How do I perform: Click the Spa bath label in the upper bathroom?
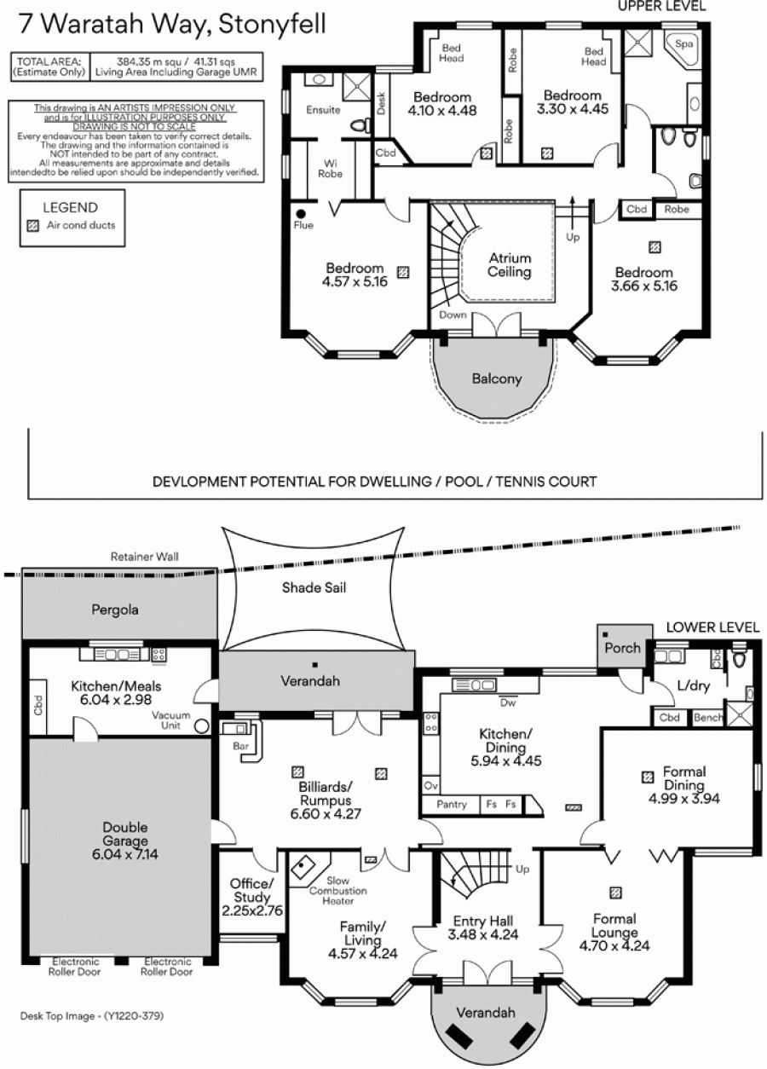click(x=683, y=44)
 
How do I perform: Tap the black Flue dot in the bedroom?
click(x=301, y=214)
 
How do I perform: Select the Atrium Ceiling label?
click(x=510, y=265)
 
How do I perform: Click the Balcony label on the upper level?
click(x=497, y=378)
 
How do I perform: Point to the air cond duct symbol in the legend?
click(x=33, y=226)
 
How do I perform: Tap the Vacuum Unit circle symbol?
click(x=202, y=726)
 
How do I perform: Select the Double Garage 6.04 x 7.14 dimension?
click(x=125, y=854)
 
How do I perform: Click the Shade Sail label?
click(x=314, y=587)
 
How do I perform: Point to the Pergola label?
click(x=115, y=610)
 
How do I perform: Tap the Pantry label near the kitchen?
click(x=451, y=805)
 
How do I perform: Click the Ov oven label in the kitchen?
click(x=430, y=785)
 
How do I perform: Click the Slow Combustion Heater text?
click(x=337, y=891)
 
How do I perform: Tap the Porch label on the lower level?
click(x=622, y=648)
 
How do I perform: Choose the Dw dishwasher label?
click(x=508, y=702)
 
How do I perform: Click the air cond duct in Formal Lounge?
click(x=615, y=892)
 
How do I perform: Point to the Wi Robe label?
click(x=330, y=169)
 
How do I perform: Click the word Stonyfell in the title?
click(x=272, y=24)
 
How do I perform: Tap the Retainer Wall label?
click(x=145, y=557)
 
